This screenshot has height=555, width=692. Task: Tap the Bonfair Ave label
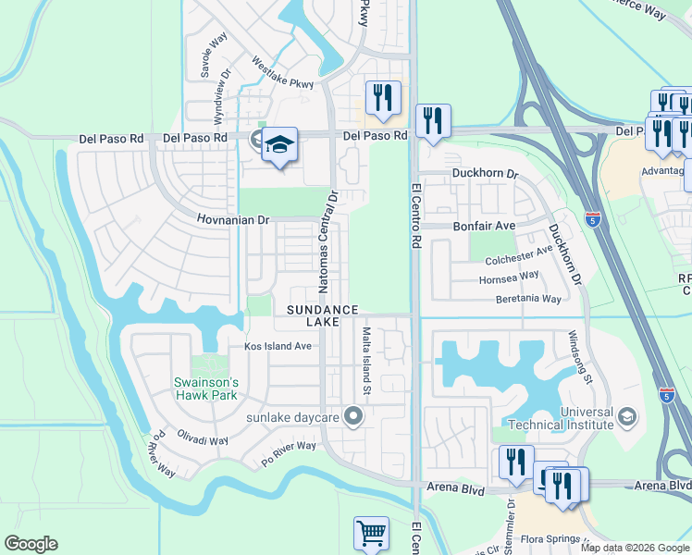(x=482, y=226)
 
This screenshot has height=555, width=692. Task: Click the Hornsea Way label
(x=509, y=277)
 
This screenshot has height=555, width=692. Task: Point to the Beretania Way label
(x=528, y=299)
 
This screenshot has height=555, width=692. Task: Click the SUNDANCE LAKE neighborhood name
(x=322, y=315)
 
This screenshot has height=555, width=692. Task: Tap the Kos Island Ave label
(x=278, y=347)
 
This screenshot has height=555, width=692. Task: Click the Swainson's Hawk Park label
(x=206, y=388)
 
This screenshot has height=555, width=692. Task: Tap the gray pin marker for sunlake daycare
(x=352, y=417)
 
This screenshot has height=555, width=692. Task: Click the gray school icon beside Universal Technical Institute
(x=629, y=417)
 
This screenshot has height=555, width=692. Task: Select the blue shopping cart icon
(x=371, y=533)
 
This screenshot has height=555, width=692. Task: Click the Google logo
(x=31, y=544)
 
